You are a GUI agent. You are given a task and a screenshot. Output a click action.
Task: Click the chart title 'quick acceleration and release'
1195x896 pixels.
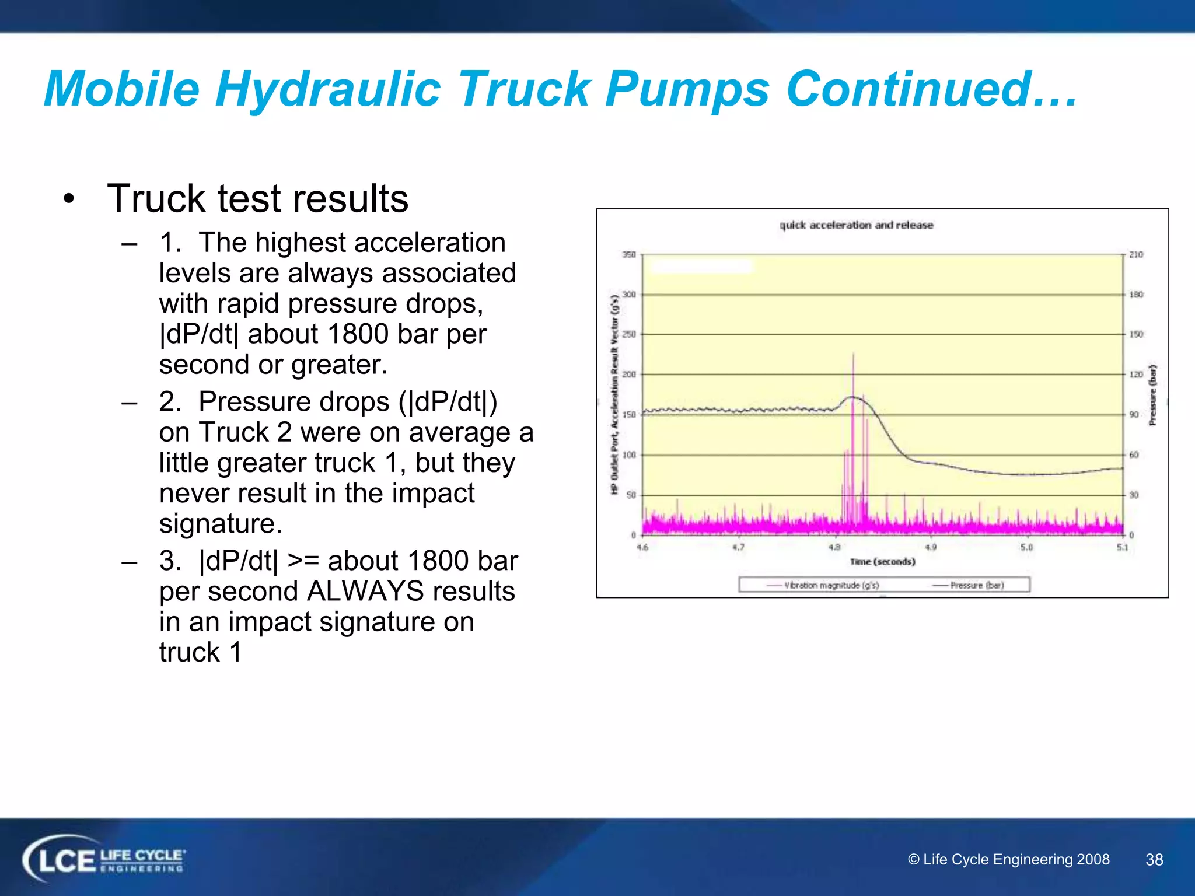856,225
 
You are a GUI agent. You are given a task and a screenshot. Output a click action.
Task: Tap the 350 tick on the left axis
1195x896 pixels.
628,255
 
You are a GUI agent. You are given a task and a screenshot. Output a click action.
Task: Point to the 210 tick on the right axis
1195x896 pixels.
1135,255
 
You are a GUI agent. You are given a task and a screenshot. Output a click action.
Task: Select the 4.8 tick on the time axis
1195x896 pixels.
834,547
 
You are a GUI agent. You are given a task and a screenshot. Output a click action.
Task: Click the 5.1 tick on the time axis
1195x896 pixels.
1122,547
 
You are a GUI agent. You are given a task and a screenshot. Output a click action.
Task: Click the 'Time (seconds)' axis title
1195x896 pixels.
882,562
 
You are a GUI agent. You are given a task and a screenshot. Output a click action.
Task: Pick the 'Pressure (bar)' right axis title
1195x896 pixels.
1152,395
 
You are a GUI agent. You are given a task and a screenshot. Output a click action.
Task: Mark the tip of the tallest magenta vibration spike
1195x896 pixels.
853,353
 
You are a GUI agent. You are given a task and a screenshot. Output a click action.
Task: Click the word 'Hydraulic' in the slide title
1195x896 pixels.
328,89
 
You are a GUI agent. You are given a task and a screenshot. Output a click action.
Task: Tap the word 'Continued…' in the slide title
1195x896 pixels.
931,89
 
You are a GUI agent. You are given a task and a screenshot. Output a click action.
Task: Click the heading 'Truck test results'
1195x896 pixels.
257,198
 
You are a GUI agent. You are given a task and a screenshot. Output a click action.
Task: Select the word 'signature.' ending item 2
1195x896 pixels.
221,523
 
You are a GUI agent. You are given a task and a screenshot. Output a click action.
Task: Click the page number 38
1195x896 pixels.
1154,859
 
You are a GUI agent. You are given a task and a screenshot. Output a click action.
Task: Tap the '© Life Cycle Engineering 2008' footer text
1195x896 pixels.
1008,859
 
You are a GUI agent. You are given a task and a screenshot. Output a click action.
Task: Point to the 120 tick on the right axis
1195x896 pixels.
1135,374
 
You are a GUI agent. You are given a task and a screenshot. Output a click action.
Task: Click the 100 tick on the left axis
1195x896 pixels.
628,455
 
